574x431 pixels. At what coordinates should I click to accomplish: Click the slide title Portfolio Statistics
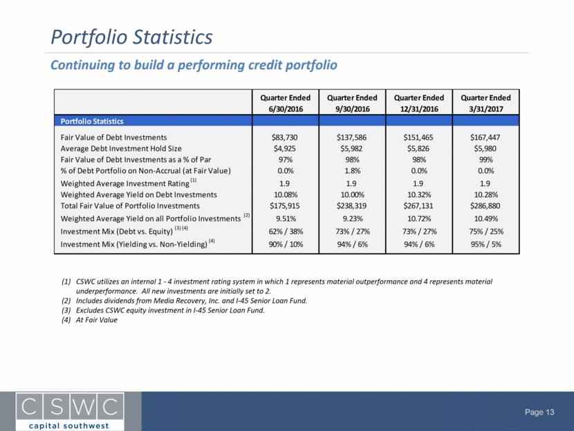[x=131, y=37]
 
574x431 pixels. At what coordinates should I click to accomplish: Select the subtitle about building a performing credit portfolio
[x=194, y=65]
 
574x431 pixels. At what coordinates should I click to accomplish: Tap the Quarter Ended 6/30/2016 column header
[x=285, y=103]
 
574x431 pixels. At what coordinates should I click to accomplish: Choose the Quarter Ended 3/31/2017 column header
[x=485, y=103]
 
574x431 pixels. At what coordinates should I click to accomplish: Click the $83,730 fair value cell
[x=284, y=137]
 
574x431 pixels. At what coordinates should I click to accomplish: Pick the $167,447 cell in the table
[x=485, y=137]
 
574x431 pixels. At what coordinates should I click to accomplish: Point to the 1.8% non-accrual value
[x=352, y=171]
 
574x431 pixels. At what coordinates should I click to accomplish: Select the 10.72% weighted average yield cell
[x=419, y=219]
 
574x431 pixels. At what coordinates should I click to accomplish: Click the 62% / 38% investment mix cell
[x=286, y=232]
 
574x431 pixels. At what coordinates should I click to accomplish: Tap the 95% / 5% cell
[x=485, y=244]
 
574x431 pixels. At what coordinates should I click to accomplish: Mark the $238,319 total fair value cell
[x=351, y=205]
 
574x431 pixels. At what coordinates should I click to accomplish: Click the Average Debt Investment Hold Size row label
[x=121, y=149]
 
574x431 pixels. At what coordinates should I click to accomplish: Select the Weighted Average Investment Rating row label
[x=129, y=183]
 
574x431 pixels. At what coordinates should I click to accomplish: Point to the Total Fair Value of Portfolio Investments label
[x=130, y=205]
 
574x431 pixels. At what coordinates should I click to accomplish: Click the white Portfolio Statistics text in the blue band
[x=92, y=121]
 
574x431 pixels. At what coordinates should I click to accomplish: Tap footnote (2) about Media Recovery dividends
[x=184, y=301]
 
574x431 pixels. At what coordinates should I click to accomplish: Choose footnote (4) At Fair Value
[x=89, y=320]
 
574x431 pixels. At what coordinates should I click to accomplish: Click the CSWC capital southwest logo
[x=70, y=411]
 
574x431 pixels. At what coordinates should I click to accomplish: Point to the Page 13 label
[x=539, y=412]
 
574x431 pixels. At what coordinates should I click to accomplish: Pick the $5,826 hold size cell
[x=418, y=149]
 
